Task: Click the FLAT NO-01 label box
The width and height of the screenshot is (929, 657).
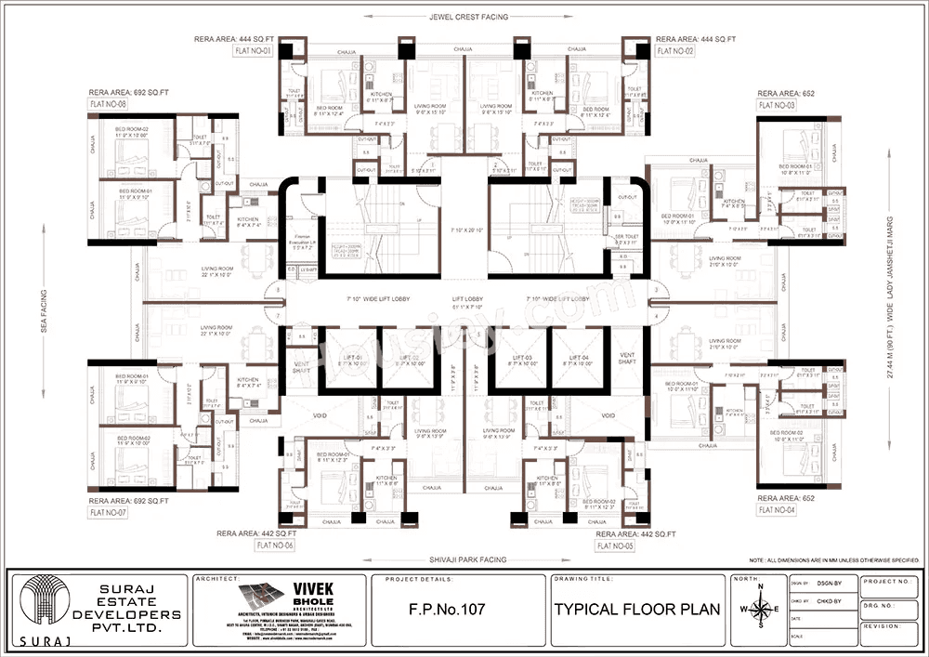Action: coord(253,51)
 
